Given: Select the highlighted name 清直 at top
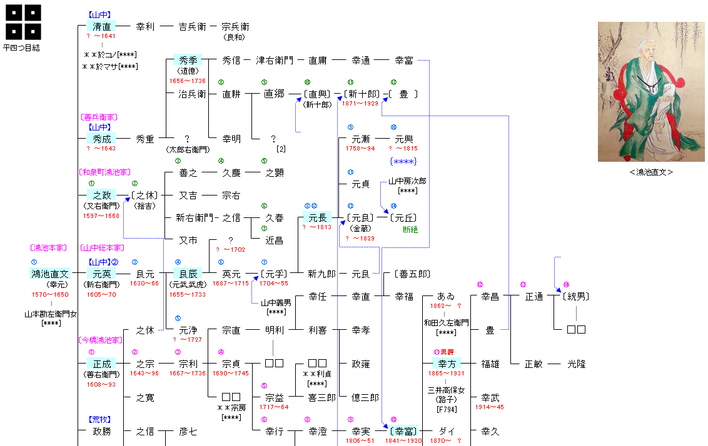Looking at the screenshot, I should point(101,27).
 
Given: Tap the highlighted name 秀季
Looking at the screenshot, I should point(188,61).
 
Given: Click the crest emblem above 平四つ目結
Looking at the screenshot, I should point(24,22).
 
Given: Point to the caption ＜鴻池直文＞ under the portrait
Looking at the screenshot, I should point(651,172).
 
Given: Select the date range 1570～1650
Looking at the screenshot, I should point(51,294).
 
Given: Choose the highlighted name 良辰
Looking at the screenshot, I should point(188,274).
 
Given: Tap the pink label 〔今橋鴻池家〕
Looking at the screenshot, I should point(99,340).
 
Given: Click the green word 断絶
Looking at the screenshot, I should point(410,230).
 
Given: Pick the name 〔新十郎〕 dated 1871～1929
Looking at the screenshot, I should point(362,94).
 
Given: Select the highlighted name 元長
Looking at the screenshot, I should point(316,217).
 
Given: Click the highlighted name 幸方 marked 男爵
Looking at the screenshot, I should point(447,364).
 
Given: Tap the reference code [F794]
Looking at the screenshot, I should point(447,410).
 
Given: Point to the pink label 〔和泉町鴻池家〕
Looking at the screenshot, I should point(104,172).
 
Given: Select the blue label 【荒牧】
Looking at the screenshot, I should point(101,420).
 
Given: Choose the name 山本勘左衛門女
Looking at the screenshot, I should point(51,314).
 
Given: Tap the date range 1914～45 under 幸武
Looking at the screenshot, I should point(490,407).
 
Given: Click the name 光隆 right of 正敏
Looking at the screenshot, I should point(576,364).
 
